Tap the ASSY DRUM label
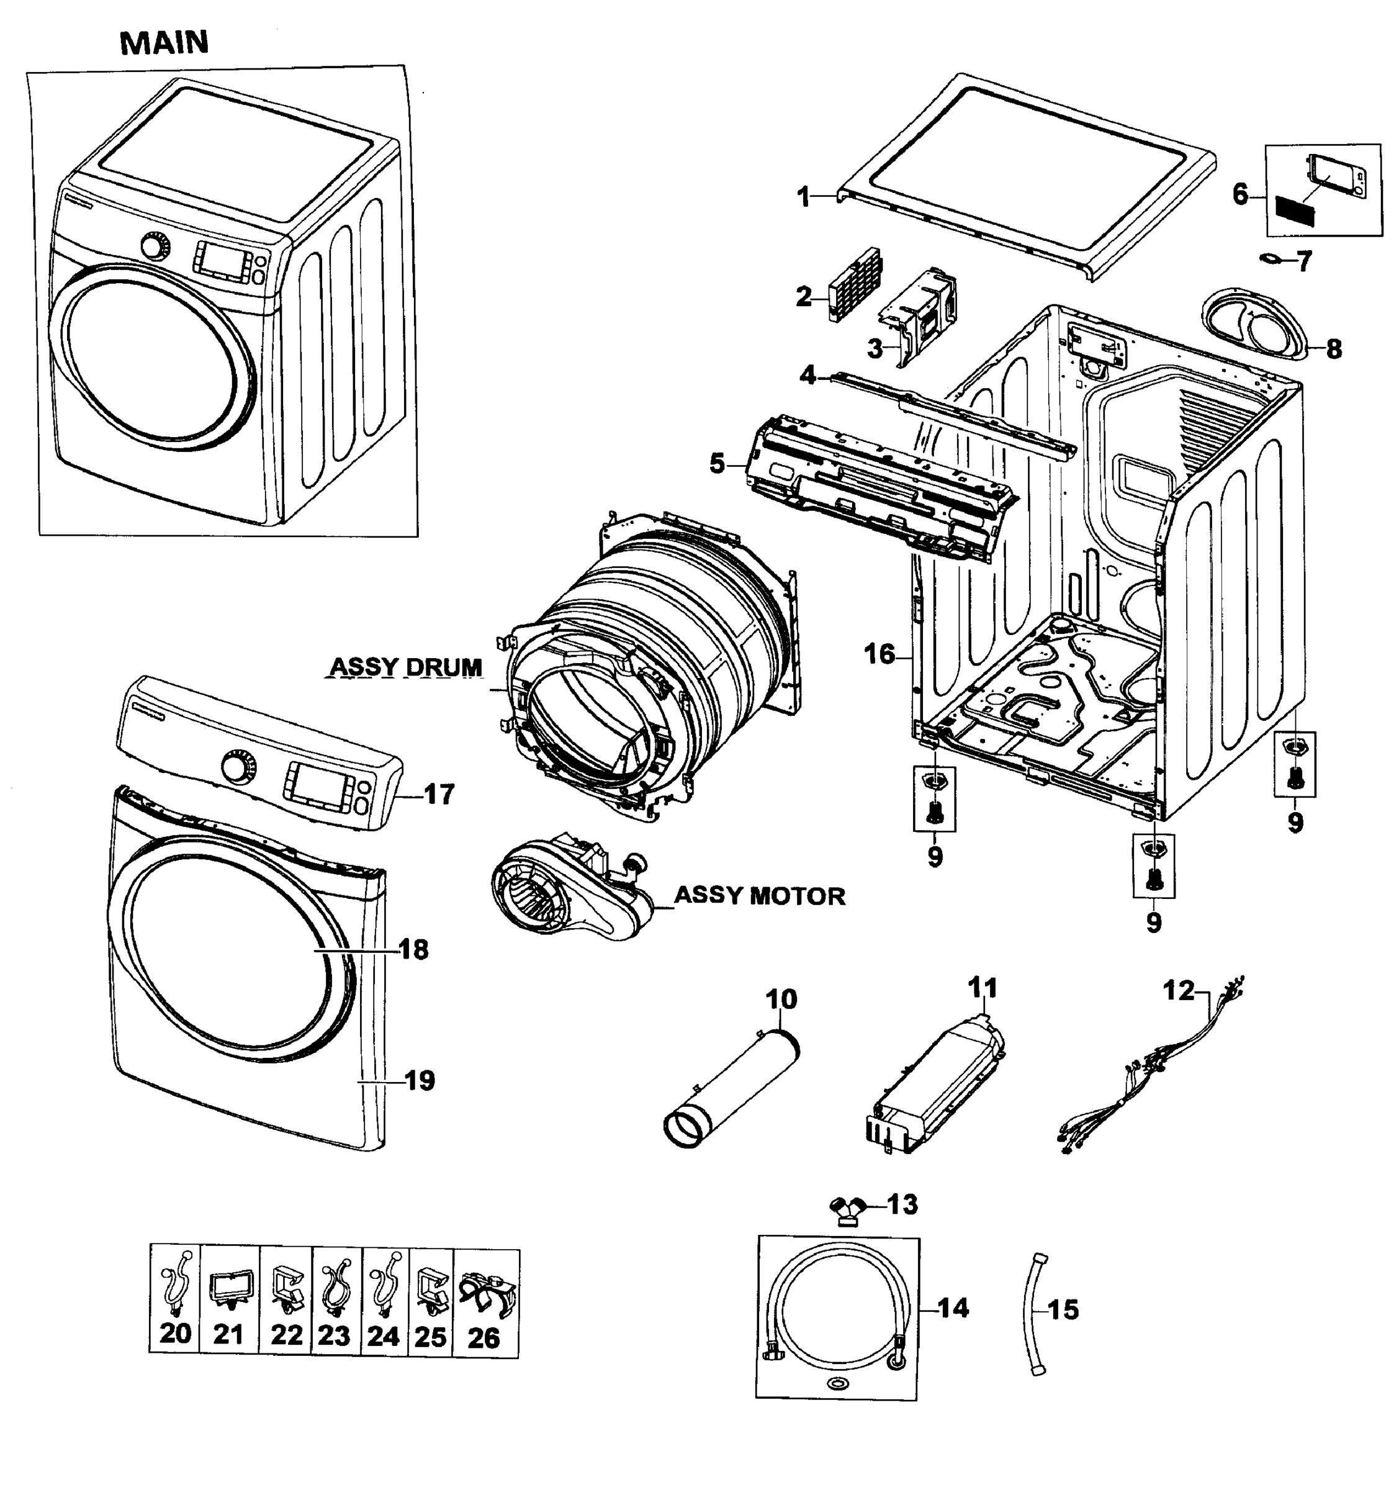click(x=405, y=666)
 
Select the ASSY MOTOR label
click(x=759, y=896)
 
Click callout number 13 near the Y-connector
click(x=902, y=1204)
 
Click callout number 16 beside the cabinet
click(x=879, y=654)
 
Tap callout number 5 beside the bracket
click(x=717, y=464)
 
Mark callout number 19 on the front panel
click(x=420, y=1080)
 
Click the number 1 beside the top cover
click(x=803, y=198)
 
